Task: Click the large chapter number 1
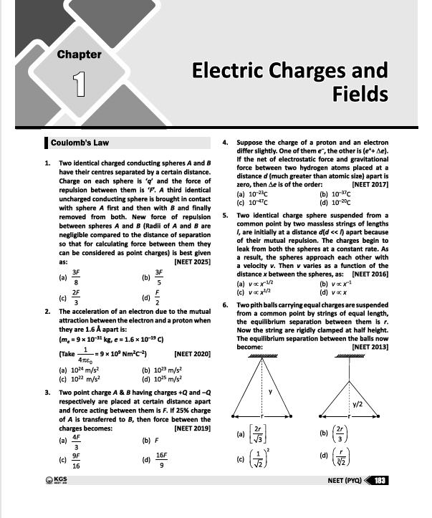(80, 81)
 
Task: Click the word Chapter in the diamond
(79, 54)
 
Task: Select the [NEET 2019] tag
(188, 428)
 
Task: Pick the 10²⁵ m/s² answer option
(159, 378)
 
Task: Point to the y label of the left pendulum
(270, 391)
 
